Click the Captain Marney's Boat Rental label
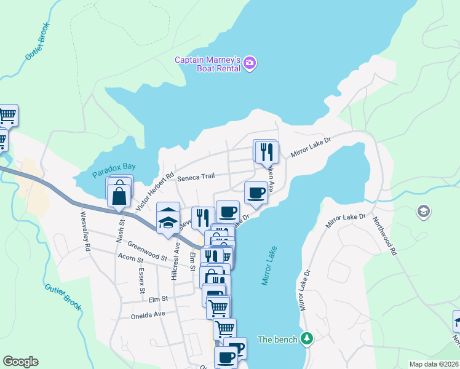tap(208, 64)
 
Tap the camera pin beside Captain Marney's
tap(250, 63)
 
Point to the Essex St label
tap(142, 280)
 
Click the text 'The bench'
tap(277, 339)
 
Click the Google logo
tap(20, 362)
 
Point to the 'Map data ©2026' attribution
tap(433, 364)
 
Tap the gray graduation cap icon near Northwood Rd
tap(422, 212)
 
